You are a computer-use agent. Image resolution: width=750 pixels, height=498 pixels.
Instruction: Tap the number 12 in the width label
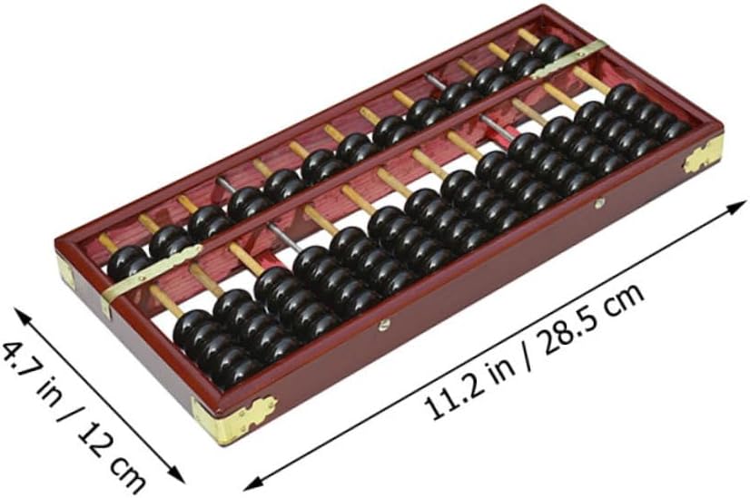click(94, 435)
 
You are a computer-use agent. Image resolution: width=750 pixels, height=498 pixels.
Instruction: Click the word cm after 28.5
click(623, 299)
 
